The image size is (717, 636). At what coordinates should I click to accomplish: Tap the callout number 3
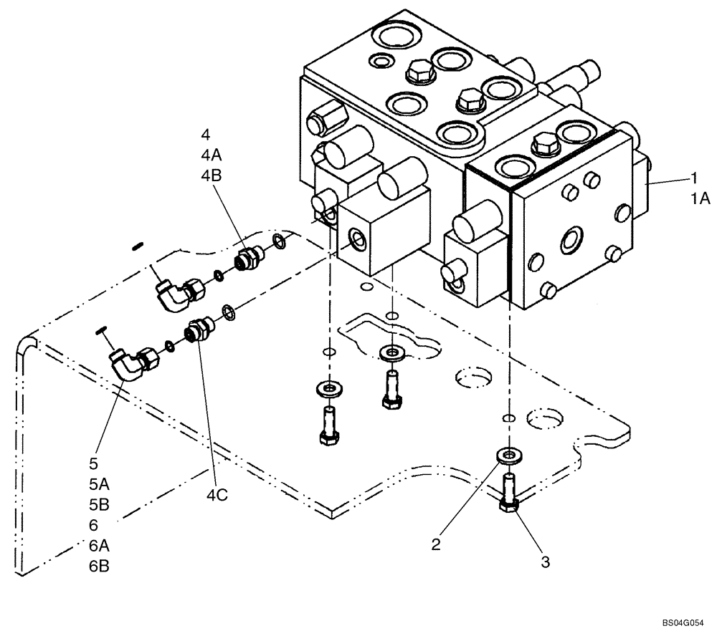pos(545,562)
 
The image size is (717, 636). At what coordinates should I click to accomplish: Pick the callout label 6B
pos(99,565)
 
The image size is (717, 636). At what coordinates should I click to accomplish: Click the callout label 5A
pos(99,484)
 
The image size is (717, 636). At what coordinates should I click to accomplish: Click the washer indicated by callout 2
pos(508,456)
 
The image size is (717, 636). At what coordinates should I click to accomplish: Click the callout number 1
pos(693,178)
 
